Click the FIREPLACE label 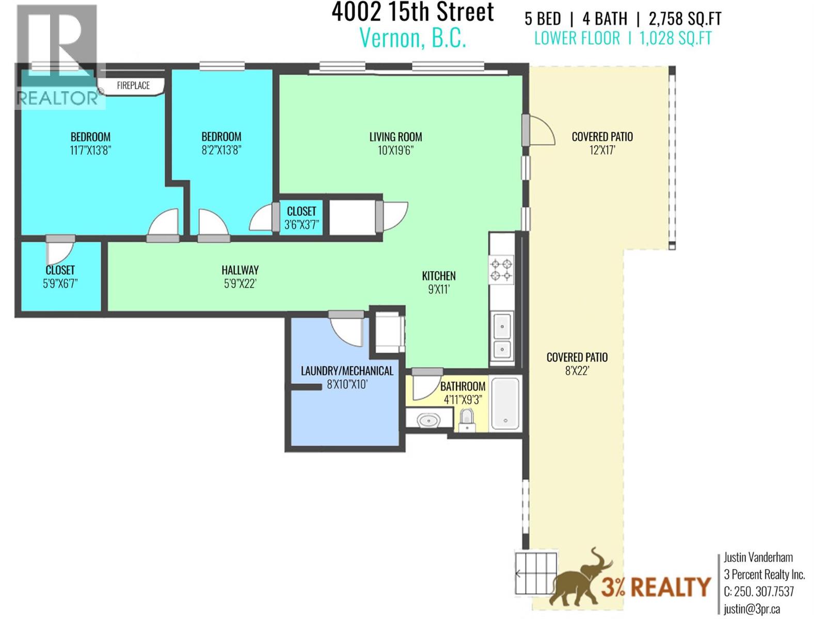(133, 86)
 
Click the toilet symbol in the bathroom (467, 419)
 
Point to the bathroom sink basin (428, 421)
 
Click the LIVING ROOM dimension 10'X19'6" (395, 151)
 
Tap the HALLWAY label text (240, 270)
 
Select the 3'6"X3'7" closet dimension (301, 225)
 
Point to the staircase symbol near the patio (536, 573)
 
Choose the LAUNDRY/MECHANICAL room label (347, 371)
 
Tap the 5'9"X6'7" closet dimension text (60, 283)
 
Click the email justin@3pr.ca (752, 609)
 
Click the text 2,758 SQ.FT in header (685, 19)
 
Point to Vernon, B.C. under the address (412, 38)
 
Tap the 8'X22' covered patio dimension (577, 371)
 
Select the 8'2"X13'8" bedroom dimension (221, 150)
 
